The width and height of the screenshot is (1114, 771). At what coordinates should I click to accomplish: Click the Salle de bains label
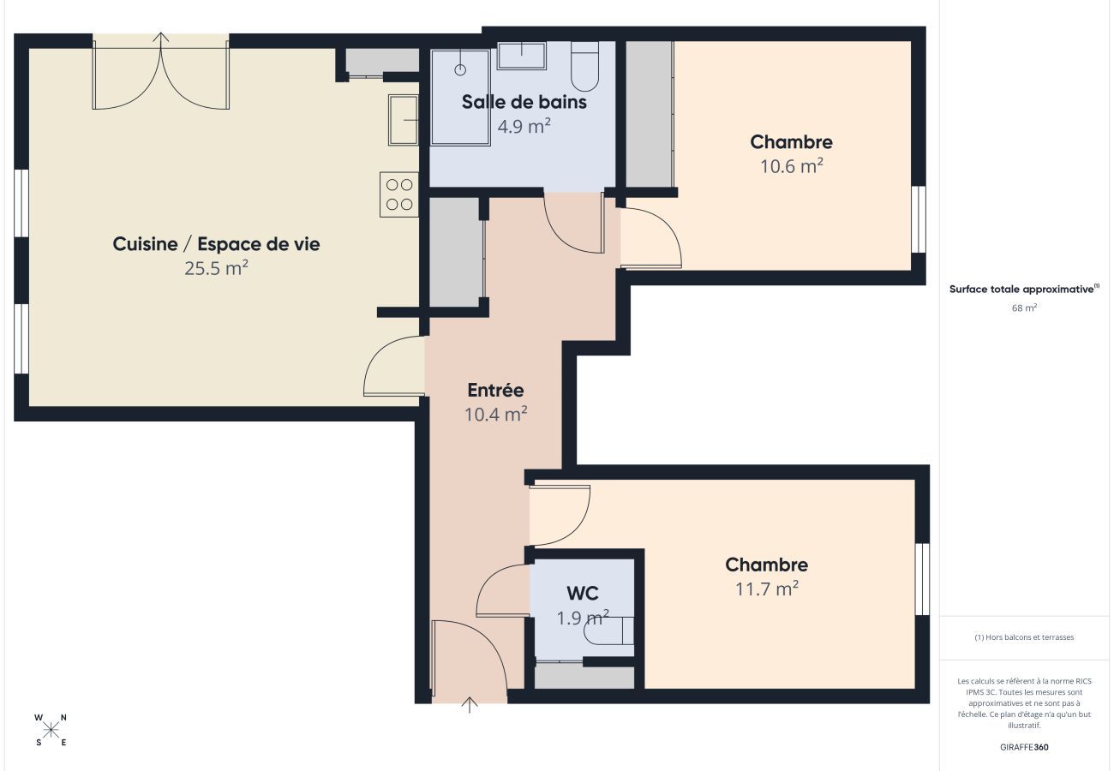click(524, 102)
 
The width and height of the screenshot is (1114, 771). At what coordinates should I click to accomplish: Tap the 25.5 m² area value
click(216, 268)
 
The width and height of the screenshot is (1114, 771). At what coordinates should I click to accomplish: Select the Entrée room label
click(495, 390)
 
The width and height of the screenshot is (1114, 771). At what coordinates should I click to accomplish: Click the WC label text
click(583, 593)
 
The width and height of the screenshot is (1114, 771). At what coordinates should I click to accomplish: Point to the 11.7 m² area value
click(767, 589)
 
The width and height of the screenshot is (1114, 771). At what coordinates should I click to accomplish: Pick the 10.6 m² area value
click(791, 166)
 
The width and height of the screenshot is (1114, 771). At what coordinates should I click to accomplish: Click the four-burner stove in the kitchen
click(398, 194)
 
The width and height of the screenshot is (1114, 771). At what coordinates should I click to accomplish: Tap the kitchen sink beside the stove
click(403, 121)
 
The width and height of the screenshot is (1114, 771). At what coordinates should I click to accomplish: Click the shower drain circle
click(460, 69)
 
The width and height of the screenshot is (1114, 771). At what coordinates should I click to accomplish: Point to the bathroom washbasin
click(521, 56)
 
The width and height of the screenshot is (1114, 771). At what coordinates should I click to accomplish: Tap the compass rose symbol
click(51, 730)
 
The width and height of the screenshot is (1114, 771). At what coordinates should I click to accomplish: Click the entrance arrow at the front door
click(469, 705)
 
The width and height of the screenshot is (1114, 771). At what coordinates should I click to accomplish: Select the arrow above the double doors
click(161, 38)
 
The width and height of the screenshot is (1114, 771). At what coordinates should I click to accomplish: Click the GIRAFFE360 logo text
click(1024, 747)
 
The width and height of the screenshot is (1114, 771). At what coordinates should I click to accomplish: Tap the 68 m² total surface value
click(1024, 308)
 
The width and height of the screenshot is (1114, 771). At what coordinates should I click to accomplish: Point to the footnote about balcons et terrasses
click(1024, 637)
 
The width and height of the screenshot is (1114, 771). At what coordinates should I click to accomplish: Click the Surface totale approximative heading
click(1023, 290)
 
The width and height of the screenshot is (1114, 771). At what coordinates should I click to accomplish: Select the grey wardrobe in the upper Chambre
click(649, 114)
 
